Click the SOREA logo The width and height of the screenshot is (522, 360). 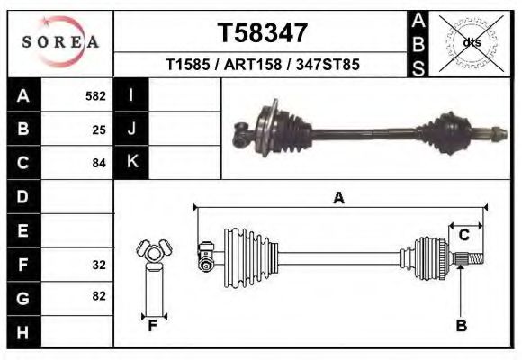click(60, 41)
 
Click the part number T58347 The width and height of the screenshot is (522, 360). click(263, 33)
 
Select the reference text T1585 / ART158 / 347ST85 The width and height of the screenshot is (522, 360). click(263, 66)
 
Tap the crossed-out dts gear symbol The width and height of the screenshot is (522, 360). click(471, 42)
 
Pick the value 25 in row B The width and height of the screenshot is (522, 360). click(99, 130)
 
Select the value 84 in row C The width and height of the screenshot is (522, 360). click(99, 163)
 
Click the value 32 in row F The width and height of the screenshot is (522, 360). click(99, 265)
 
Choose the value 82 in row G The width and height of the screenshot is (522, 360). click(99, 296)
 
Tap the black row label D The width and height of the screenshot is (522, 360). click(22, 196)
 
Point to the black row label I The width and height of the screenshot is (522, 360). click(131, 95)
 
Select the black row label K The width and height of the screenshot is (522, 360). click(131, 162)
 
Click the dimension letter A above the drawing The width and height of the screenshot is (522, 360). click(338, 198)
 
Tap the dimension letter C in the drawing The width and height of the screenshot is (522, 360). click(463, 235)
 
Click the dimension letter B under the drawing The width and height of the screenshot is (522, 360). click(461, 326)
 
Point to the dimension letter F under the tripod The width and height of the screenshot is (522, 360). click(153, 327)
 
